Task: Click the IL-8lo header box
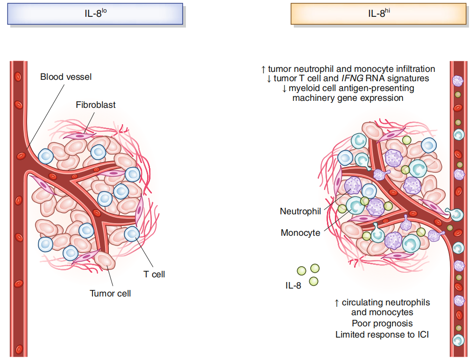pos(95,14)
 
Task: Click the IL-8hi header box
pos(378,14)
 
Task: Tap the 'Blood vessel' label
pos(66,77)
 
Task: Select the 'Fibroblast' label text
pos(96,105)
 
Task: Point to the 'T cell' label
pos(154,274)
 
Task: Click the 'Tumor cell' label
pos(110,293)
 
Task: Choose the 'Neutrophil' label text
pos(300,212)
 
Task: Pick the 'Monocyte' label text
pos(300,232)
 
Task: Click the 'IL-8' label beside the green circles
pos(293,285)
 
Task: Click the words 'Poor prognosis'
pos(382,323)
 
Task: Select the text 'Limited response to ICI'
pos(382,334)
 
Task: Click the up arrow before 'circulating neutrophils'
pos(337,303)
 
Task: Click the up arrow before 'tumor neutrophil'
pos(263,69)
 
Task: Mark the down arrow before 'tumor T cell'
pos(269,79)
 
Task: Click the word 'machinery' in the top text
pos(312,98)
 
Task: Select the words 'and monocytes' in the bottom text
pos(382,312)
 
